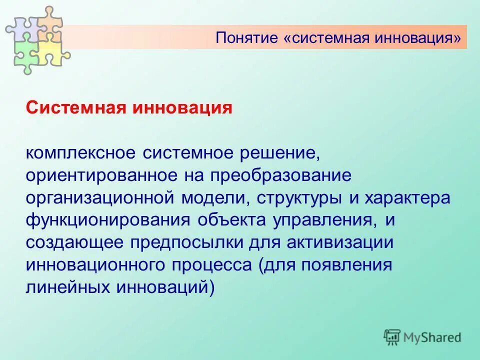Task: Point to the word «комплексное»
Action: point(82,152)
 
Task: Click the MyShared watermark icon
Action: point(392,337)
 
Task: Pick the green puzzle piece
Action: point(25,52)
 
